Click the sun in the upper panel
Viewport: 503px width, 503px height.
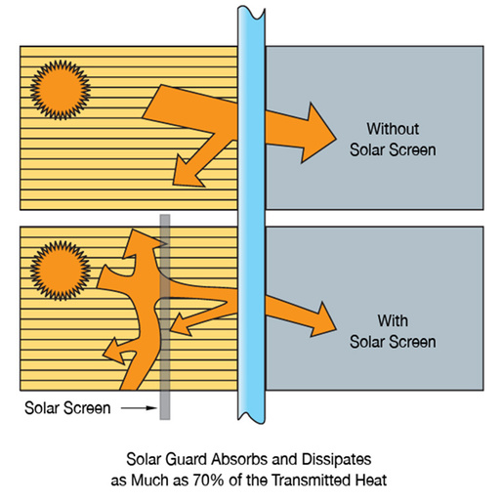tap(61, 90)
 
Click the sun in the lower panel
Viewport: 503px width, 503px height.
tap(61, 271)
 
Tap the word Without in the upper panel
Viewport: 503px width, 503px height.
tap(393, 129)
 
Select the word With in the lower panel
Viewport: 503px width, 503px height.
tap(393, 320)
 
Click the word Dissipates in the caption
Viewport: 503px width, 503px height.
tap(336, 459)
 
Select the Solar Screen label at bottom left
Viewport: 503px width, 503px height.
tap(67, 408)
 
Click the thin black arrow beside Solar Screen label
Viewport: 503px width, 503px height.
tap(139, 408)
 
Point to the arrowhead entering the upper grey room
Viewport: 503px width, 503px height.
tap(318, 133)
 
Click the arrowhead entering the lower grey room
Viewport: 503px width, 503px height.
tap(323, 319)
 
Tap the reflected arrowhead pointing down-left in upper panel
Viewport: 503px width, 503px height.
tap(187, 173)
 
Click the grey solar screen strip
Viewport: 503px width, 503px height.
tap(165, 316)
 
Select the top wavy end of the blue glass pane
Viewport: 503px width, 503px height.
tap(251, 13)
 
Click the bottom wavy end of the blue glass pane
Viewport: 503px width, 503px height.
tap(251, 417)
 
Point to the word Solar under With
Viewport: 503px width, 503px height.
tap(367, 342)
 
